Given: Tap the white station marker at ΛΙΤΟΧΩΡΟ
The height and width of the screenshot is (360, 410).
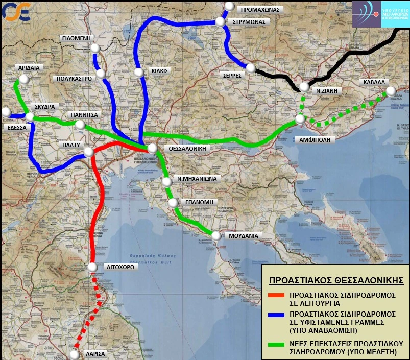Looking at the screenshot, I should [92, 267].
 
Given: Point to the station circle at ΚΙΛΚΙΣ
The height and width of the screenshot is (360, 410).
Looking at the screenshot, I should [139, 73].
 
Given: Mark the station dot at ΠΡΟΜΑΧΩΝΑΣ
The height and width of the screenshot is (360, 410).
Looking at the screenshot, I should [229, 7].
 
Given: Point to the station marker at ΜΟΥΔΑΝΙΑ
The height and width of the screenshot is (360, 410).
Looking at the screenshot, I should [216, 236].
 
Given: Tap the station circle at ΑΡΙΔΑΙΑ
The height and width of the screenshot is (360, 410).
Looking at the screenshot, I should [22, 80].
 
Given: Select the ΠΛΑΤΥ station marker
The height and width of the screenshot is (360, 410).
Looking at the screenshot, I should [88, 152].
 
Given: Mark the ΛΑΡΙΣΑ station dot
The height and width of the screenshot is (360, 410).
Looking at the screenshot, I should [75, 354].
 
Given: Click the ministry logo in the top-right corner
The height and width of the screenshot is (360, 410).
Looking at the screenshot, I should [380, 14].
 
